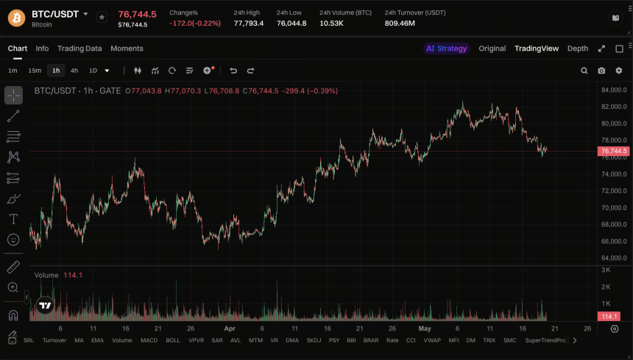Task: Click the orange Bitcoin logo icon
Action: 16,18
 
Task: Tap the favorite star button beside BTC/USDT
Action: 102,18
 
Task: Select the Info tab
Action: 42,49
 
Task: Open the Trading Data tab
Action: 79,49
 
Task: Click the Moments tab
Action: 127,49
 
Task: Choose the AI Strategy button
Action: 447,49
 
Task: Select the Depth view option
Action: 578,49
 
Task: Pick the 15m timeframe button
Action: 35,71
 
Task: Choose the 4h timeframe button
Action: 74,71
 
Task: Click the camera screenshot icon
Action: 601,71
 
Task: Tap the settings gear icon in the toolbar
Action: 619,71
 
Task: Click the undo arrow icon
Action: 233,71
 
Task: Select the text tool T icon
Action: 13,219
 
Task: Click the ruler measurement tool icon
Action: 13,267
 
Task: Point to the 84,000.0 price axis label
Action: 614,90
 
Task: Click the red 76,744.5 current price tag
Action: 614,151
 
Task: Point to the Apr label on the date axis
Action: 230,328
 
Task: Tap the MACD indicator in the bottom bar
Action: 149,340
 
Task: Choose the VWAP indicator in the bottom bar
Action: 432,340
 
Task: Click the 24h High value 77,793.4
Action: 249,24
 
